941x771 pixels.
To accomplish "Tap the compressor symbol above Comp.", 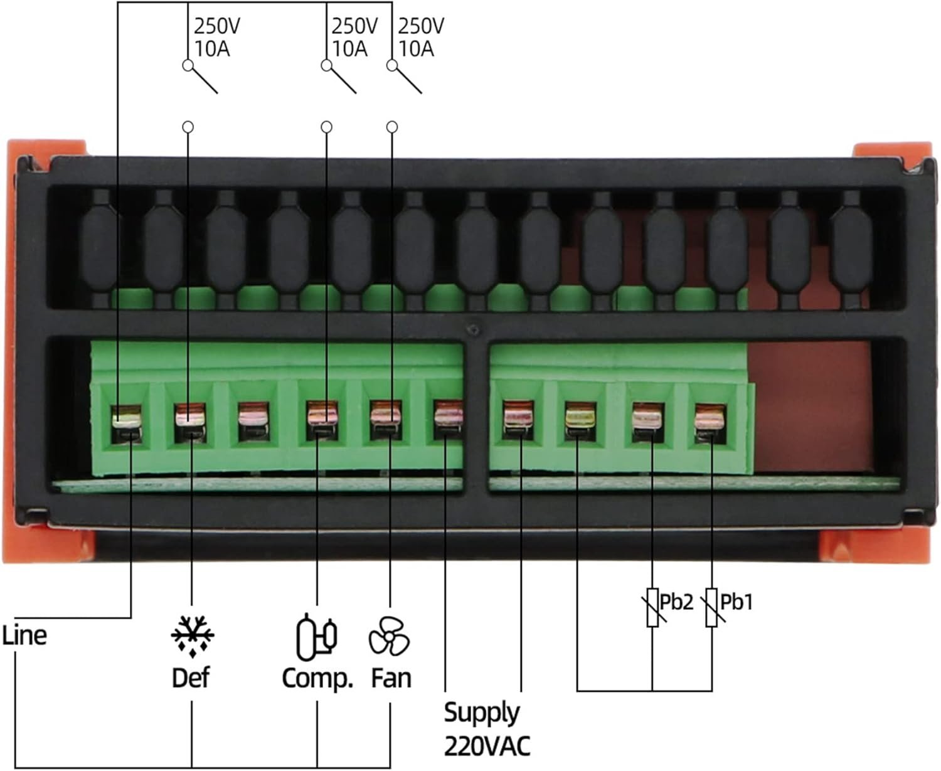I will point(316,637).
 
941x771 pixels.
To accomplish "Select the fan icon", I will point(389,636).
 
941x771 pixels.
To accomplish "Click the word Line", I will point(24,635).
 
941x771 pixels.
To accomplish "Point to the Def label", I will point(191,678).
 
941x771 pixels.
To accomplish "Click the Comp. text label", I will point(317,678).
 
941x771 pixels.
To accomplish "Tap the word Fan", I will point(391,678).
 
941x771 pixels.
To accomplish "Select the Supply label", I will point(482,713).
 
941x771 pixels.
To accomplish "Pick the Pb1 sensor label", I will point(736,602).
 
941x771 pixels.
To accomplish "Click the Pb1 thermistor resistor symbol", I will point(711,607).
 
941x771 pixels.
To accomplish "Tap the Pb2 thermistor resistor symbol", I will point(652,607).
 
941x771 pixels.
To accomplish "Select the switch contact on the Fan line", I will point(406,79).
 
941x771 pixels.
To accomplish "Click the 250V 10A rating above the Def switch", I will point(216,37).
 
